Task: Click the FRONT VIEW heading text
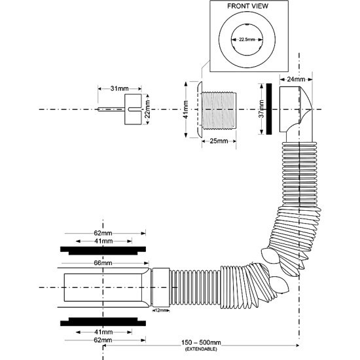point(247,6)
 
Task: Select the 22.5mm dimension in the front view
point(247,39)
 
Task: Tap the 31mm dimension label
point(119,88)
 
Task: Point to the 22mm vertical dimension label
point(147,109)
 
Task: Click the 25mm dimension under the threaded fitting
point(219,141)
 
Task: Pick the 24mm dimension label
point(296,79)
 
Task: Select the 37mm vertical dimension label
point(262,109)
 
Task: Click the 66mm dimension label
point(103,263)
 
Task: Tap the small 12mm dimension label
point(160,310)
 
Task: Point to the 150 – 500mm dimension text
point(201,343)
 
